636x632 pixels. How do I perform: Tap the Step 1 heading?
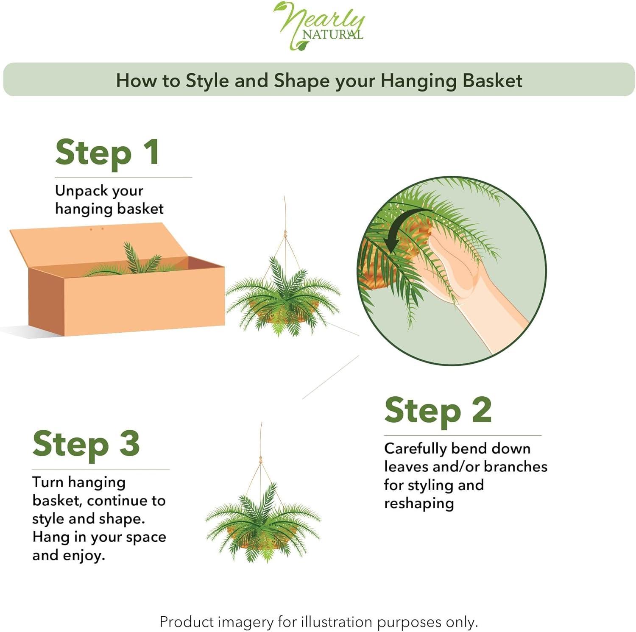[x=107, y=153]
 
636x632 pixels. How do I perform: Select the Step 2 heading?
[x=438, y=410]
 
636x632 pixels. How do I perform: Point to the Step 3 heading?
[x=86, y=444]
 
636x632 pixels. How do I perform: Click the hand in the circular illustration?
[x=458, y=271]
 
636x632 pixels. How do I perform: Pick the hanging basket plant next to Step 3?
[x=263, y=523]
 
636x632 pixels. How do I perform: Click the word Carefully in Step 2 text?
[x=415, y=448]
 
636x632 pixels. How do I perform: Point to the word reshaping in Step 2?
[x=419, y=504]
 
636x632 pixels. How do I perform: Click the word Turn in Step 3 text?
[x=47, y=482]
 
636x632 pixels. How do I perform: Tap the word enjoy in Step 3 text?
[x=83, y=555]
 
